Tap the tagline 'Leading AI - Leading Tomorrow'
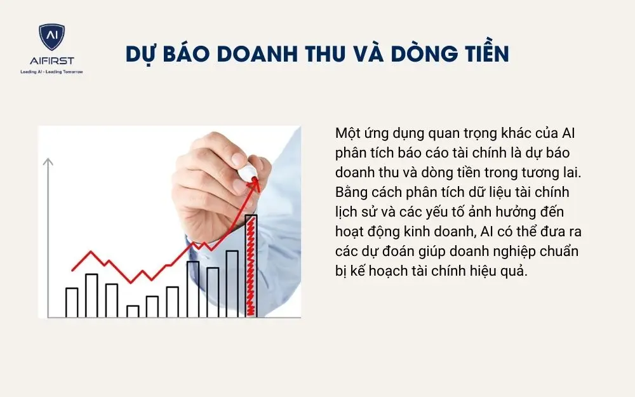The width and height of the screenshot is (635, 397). click(x=51, y=71)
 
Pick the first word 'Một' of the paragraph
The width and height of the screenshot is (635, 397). click(x=347, y=135)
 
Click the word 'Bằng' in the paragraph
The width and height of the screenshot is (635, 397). click(x=350, y=192)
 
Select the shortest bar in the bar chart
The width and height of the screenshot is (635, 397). click(x=133, y=311)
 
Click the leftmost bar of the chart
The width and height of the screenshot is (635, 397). click(x=72, y=302)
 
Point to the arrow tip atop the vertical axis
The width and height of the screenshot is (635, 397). click(x=48, y=161)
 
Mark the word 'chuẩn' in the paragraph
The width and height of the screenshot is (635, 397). click(x=560, y=250)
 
